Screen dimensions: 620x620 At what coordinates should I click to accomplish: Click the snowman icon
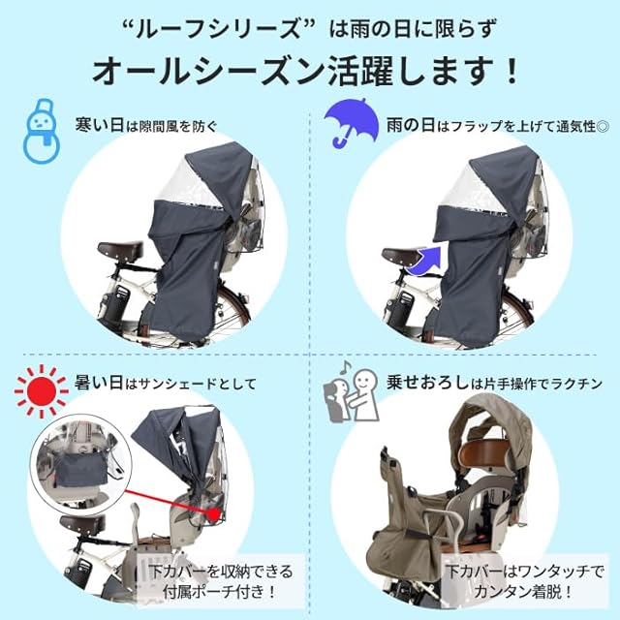tap(42, 132)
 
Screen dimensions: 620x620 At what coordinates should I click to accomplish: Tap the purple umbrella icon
tap(349, 118)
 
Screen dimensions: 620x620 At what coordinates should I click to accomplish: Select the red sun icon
tap(41, 390)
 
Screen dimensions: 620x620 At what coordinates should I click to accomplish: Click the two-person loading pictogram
tap(351, 395)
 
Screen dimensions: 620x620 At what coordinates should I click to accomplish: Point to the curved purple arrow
tap(426, 261)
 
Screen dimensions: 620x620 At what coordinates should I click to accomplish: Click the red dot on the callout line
tap(214, 514)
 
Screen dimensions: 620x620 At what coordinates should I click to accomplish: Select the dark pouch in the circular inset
tap(80, 471)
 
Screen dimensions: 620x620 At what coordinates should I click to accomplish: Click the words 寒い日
tap(100, 125)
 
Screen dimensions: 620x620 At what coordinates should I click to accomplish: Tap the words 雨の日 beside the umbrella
tap(411, 125)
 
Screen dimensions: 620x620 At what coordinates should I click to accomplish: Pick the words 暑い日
tap(99, 383)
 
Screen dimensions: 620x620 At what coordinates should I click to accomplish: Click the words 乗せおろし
tap(428, 383)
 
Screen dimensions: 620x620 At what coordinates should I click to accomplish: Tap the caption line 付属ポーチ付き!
tap(219, 592)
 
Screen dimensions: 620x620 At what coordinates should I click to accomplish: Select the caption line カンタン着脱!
tap(523, 592)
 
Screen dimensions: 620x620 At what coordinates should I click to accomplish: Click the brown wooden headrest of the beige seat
tap(486, 454)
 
